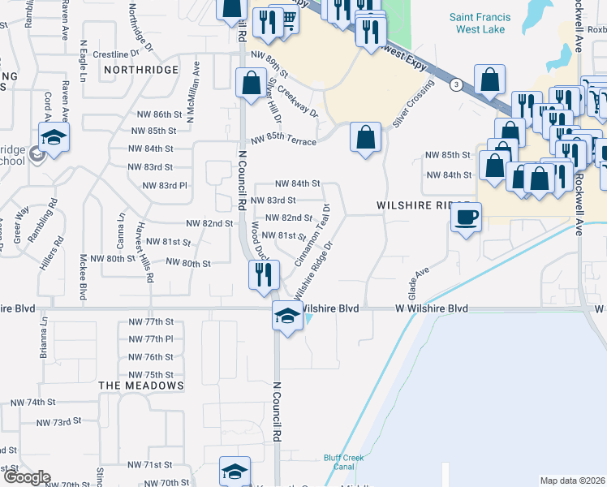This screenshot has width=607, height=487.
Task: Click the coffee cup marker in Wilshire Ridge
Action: pos(466,218)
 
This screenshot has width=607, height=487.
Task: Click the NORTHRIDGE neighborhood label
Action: pos(141,71)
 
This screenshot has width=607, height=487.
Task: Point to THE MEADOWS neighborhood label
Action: pos(141,384)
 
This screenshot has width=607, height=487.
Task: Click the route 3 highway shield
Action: pos(458,84)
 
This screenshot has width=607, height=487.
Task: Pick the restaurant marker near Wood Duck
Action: pos(264,274)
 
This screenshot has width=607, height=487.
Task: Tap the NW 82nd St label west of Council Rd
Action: pos(210,223)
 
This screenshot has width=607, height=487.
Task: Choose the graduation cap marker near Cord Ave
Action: pos(54,137)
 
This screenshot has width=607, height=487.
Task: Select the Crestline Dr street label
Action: pos(111,54)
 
